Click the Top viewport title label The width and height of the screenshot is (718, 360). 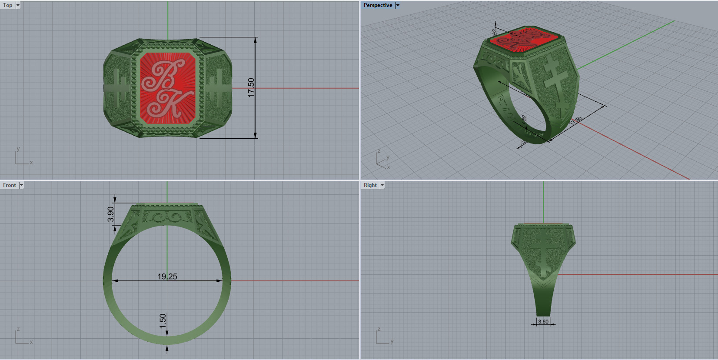coord(8,5)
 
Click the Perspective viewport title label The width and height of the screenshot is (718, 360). coord(378,5)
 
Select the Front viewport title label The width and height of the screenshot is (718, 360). coord(9,185)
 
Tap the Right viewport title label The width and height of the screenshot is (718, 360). coord(370,185)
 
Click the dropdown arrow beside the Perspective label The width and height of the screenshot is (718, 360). coord(397,5)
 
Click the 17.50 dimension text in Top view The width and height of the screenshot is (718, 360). coord(251,87)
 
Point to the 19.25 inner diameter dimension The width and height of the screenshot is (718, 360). coord(167,276)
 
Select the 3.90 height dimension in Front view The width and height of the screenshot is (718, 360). coord(111,214)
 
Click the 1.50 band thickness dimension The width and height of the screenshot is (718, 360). coord(163,321)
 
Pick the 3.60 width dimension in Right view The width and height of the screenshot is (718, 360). coord(543,322)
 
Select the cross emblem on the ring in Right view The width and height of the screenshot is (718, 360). coord(543,252)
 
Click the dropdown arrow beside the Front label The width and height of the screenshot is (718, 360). coord(21,185)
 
